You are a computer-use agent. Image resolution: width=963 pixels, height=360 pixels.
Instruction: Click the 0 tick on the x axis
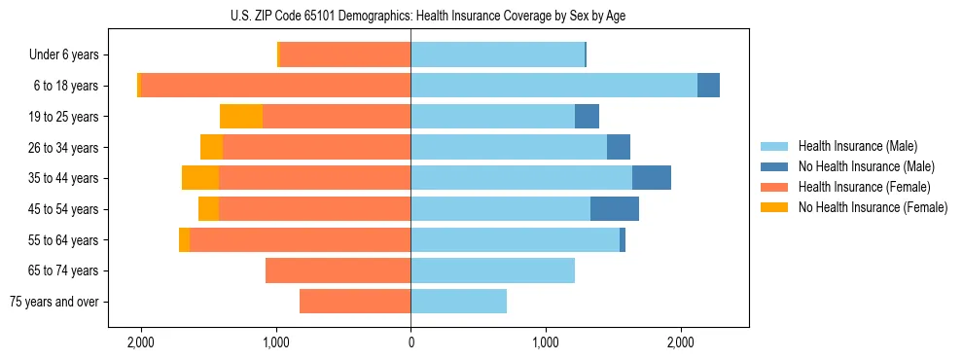tap(410, 342)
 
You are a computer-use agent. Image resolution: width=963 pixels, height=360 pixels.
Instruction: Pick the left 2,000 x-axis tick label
tap(141, 342)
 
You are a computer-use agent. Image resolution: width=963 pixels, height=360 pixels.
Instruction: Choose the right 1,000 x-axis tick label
tap(546, 342)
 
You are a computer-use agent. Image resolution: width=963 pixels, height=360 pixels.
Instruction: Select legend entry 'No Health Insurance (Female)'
tap(873, 207)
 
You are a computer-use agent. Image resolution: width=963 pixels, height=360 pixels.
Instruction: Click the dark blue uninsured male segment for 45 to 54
tap(615, 209)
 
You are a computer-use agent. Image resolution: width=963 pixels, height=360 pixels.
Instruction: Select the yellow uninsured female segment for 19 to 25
tap(241, 117)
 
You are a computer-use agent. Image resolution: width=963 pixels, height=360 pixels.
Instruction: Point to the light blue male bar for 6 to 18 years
tap(553, 86)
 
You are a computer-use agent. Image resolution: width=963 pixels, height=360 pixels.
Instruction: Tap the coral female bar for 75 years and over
tap(355, 302)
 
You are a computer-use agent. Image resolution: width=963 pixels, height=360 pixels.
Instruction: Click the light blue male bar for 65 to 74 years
tap(492, 270)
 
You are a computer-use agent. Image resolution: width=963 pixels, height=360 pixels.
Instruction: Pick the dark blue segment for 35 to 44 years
tap(652, 178)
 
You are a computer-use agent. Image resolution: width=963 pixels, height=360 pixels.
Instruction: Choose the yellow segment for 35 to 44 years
tap(200, 178)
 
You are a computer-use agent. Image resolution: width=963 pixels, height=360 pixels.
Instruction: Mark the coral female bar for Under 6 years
tap(345, 54)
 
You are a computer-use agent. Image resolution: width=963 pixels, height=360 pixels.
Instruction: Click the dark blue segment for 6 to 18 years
tap(708, 86)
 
